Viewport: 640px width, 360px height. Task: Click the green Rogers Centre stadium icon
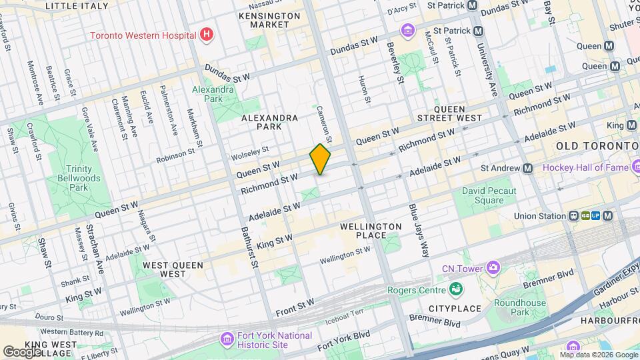456,289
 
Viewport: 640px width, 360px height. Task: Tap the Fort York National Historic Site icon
227,340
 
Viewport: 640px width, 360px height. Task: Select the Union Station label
539,216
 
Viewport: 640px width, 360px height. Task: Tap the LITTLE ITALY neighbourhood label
77,5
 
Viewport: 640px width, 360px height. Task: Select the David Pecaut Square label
493,195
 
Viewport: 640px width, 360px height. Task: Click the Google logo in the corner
22,351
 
